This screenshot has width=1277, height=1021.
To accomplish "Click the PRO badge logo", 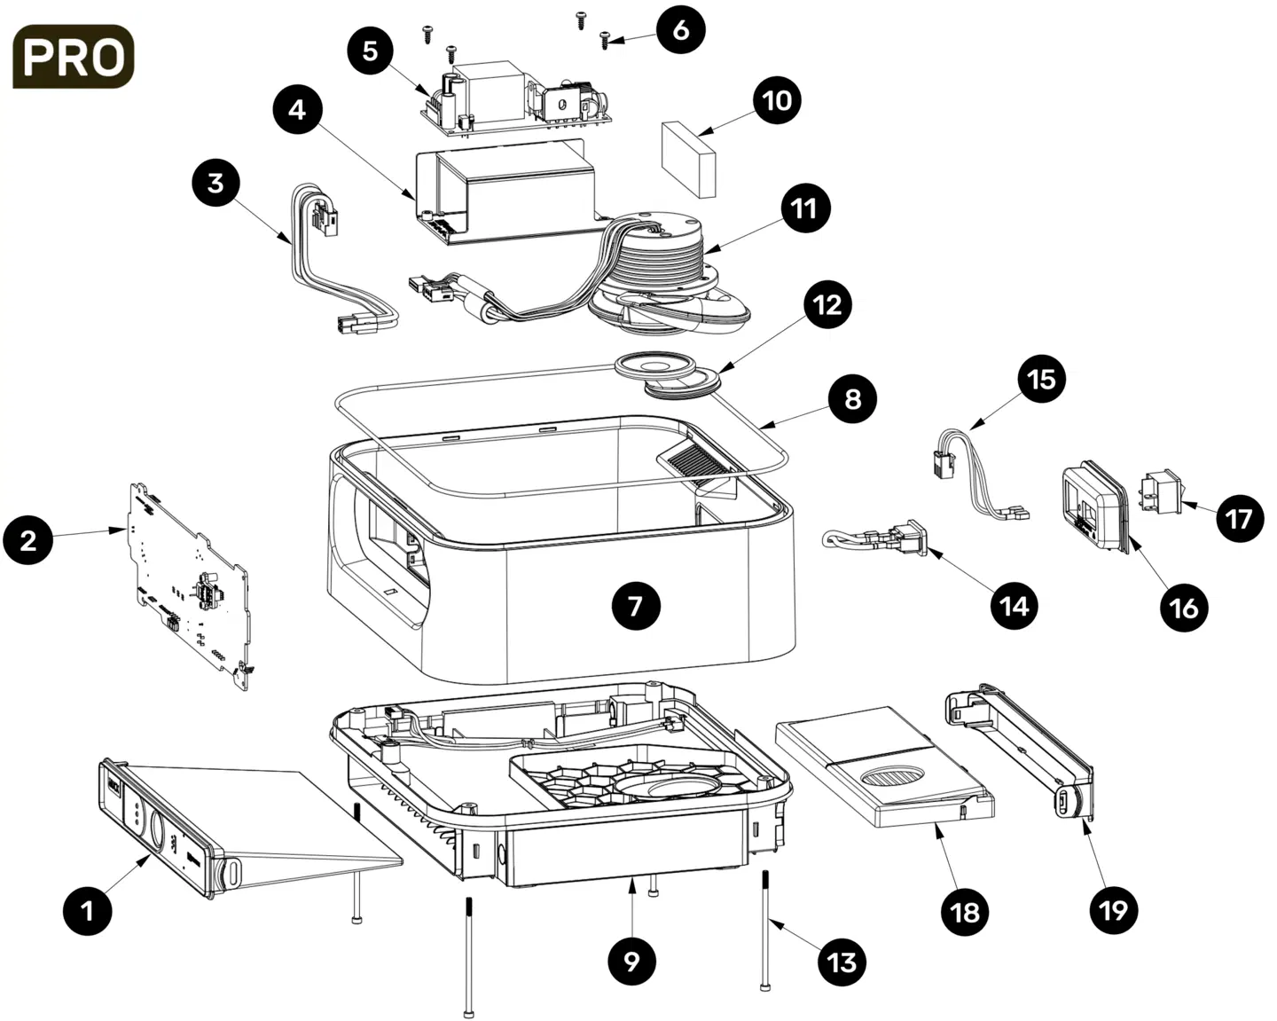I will [x=74, y=57].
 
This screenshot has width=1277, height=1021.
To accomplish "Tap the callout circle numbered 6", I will [x=680, y=29].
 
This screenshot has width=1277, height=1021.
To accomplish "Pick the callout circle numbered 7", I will [x=635, y=606].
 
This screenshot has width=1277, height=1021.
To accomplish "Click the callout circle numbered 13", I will [x=842, y=962].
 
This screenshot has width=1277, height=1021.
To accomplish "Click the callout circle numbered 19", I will [x=1113, y=909].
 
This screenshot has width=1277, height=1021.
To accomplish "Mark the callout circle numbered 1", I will [x=87, y=910].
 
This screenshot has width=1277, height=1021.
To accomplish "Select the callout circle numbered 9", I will [x=631, y=962].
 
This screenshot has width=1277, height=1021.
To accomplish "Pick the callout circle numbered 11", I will [x=803, y=208].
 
